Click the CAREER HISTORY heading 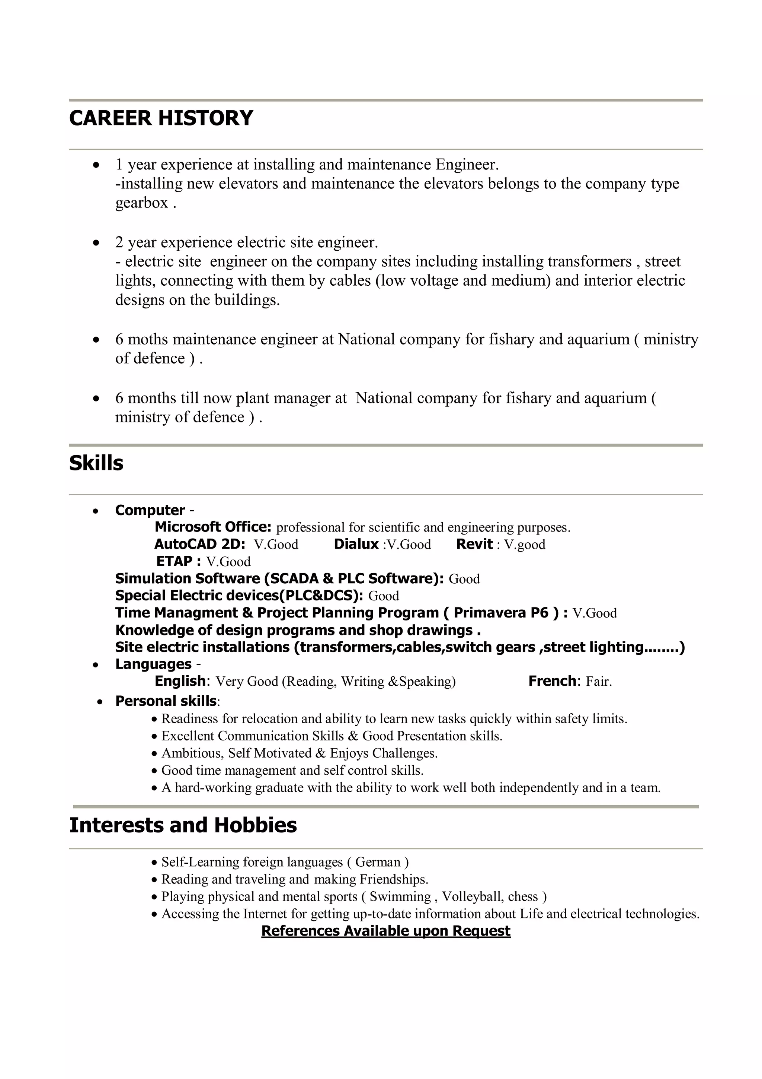click(161, 118)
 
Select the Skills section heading click(96, 463)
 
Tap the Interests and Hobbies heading click(183, 825)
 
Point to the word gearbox click(141, 203)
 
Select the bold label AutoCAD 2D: click(199, 544)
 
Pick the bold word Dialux click(356, 544)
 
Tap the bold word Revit click(474, 544)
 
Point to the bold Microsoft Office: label click(213, 527)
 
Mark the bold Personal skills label click(166, 701)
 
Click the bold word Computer click(150, 510)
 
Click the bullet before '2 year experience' click(96, 243)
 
